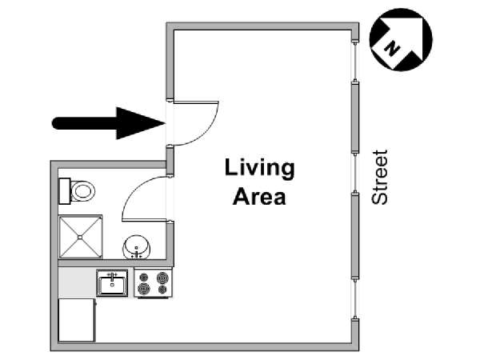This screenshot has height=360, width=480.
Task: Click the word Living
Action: (x=259, y=169)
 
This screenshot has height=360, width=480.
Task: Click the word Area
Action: (x=259, y=197)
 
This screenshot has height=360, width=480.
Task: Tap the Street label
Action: (x=379, y=177)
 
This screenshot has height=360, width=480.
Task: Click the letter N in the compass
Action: (x=392, y=50)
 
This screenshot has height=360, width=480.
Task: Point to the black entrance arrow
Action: (x=109, y=123)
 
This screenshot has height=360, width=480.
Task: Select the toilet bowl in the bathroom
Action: (x=82, y=191)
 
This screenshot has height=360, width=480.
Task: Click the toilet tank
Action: (x=64, y=191)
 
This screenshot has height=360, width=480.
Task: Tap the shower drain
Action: (x=80, y=238)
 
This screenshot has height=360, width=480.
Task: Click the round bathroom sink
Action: (x=137, y=247)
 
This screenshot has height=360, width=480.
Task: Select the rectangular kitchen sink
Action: (x=112, y=283)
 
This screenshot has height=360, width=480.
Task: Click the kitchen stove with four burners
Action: (x=153, y=283)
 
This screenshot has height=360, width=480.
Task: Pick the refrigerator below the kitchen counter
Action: (x=77, y=320)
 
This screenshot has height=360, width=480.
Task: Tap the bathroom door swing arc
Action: (x=132, y=190)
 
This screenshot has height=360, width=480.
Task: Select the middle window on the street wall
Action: (x=355, y=173)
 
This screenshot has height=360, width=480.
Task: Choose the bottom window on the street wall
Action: (x=355, y=298)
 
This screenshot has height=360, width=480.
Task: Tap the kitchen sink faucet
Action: (x=112, y=277)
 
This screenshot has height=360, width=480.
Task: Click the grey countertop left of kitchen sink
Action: (x=77, y=283)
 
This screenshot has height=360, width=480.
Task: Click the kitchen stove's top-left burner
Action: (x=143, y=278)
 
